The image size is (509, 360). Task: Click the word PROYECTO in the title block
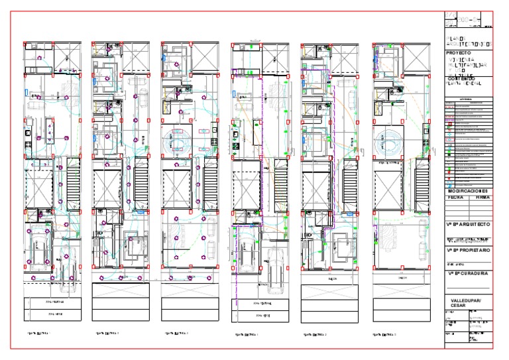click(x=459, y=52)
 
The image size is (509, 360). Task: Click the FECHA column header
click(x=456, y=197)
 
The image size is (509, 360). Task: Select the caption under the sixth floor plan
click(x=386, y=335)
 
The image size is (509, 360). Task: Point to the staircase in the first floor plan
click(x=72, y=188)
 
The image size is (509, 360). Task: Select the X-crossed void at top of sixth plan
click(x=416, y=57)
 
